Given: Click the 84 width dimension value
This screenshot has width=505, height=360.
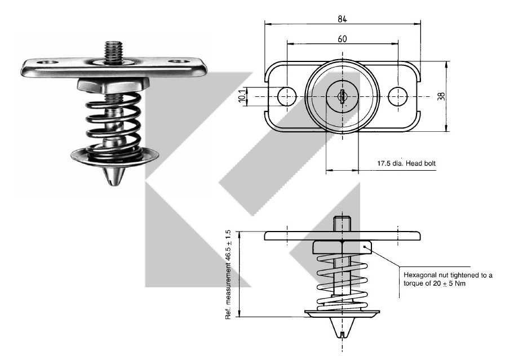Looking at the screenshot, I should coord(342,19).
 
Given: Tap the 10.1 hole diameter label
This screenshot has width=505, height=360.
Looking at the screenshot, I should coord(242,96).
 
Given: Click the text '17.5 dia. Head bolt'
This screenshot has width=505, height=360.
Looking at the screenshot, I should coord(406,164).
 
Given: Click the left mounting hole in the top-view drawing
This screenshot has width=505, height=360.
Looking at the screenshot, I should coord(286,96).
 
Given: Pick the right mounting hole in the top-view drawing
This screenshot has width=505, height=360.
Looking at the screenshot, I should coord(398,96).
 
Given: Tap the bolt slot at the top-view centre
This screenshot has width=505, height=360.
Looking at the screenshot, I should coord(342,96).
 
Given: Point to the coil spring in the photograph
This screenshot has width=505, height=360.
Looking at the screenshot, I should coord(113,124).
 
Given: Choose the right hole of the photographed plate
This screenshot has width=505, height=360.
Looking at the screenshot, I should coord(180,61).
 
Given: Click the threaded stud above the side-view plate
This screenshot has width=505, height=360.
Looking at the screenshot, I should coord(342,223).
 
